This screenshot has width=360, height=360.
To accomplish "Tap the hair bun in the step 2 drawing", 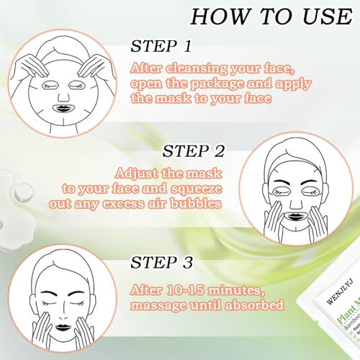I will (293, 143).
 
